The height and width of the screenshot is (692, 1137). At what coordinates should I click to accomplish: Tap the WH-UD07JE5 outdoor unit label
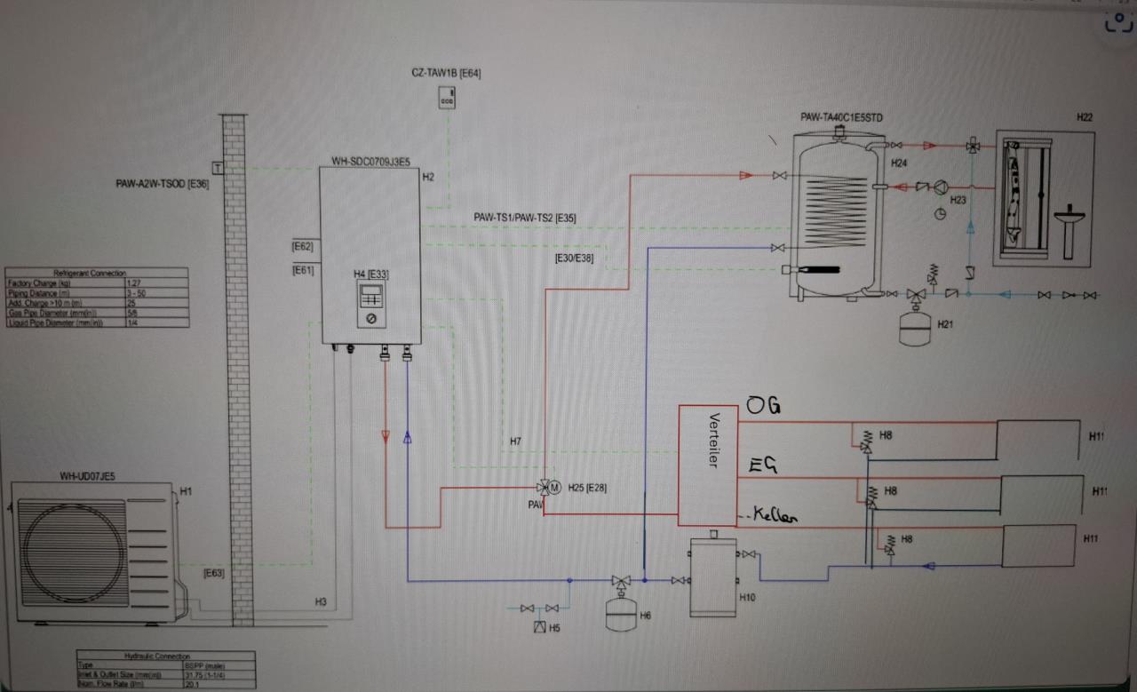[87, 477]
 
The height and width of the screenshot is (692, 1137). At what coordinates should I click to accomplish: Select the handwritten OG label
[763, 407]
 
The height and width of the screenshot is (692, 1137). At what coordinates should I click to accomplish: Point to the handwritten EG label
[766, 465]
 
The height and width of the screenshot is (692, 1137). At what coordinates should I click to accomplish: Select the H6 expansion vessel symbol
[619, 612]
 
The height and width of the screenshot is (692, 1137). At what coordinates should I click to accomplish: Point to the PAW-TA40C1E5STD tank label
[841, 117]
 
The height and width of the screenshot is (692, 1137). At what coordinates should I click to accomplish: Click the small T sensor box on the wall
[217, 167]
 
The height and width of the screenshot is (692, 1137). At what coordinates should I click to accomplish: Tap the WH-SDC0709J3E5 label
[370, 162]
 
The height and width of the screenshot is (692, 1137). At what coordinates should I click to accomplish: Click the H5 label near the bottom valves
[554, 628]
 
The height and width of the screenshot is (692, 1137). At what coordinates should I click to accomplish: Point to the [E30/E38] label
[574, 259]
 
